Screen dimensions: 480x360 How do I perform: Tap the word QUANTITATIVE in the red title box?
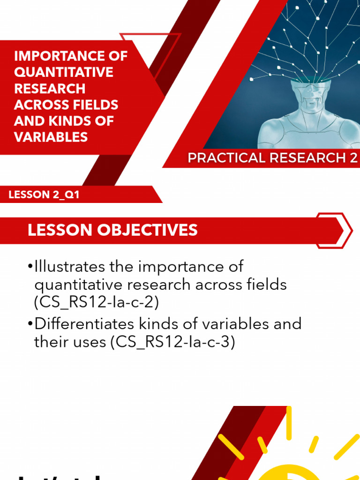[64, 72]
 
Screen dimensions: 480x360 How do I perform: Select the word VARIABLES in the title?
[51, 137]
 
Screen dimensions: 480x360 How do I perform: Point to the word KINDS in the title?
[71, 120]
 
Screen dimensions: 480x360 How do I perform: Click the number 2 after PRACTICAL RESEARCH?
[353, 158]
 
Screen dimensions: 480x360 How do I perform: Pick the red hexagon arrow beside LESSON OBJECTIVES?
[334, 230]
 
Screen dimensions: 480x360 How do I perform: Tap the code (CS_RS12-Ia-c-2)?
[97, 302]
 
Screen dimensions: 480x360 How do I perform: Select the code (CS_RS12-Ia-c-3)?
[172, 342]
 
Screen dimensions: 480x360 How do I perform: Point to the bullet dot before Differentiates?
[30, 324]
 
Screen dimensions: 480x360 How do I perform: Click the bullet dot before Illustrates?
[30, 267]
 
